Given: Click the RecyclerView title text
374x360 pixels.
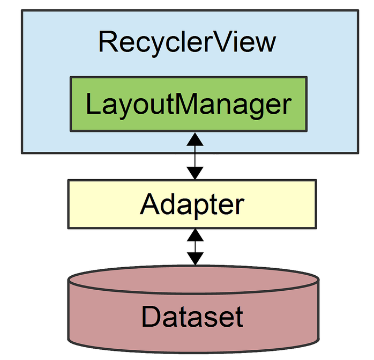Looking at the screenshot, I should [187, 42].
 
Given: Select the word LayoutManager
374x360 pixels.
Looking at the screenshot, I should [189, 104].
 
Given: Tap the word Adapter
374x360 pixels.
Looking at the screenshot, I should [192, 204].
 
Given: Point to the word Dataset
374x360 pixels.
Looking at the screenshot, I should [192, 317].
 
